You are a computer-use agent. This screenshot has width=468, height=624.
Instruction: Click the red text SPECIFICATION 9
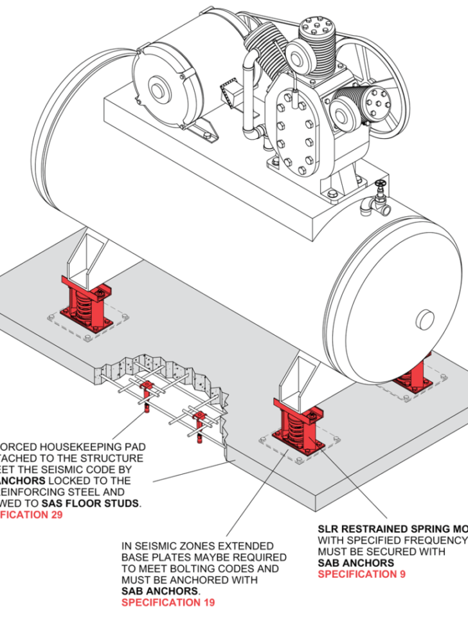(361, 574)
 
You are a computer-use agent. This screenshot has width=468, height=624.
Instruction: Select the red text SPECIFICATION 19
(168, 602)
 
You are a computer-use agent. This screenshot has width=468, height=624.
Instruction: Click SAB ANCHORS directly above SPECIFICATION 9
(356, 563)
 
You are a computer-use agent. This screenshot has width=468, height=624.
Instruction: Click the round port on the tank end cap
(425, 318)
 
